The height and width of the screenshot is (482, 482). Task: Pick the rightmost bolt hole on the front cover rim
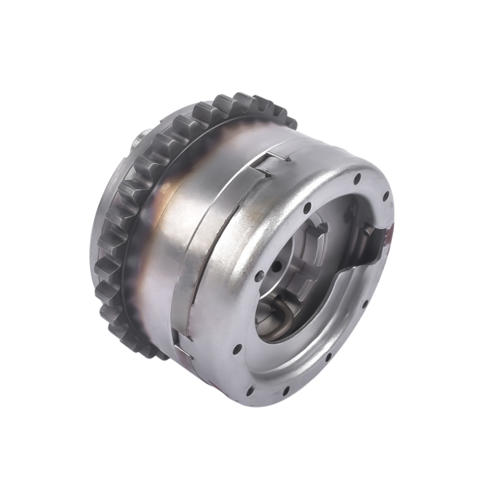click(x=386, y=196)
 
